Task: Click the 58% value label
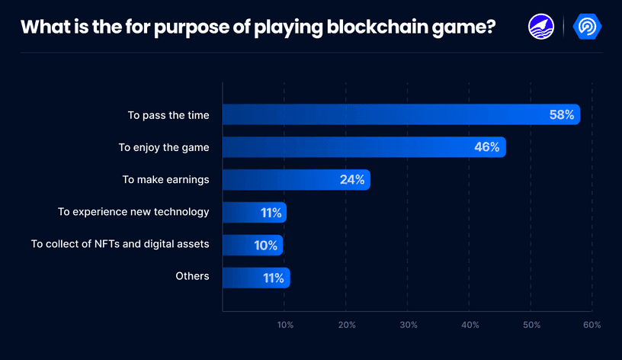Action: [x=561, y=114]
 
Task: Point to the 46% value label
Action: [x=486, y=147]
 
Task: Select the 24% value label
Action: [x=351, y=180]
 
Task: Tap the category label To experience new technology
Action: [x=133, y=212]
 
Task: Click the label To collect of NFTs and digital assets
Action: [x=120, y=244]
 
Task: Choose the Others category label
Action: [x=192, y=276]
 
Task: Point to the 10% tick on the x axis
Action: [x=285, y=325]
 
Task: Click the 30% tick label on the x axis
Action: [x=409, y=325]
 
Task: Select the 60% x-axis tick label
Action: [x=592, y=325]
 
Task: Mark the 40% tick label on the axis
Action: [x=470, y=325]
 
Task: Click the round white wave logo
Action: [x=541, y=27]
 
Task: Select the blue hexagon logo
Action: [x=587, y=27]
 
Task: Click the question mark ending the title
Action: [x=489, y=27]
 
